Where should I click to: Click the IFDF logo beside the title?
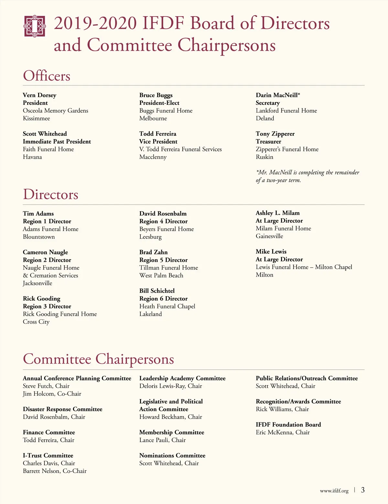[x=35, y=26]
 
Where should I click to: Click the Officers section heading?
[x=47, y=76]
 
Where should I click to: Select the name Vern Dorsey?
[x=39, y=95]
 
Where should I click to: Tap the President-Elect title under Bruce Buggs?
[x=159, y=103]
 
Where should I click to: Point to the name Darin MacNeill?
[x=277, y=95]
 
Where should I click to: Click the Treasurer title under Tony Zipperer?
[x=268, y=141]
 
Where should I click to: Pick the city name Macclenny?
[x=153, y=157]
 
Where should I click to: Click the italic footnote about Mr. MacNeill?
[x=307, y=176]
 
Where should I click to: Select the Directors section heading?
[x=50, y=194]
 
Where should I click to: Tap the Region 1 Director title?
[x=47, y=221]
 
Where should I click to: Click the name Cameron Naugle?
[x=45, y=252]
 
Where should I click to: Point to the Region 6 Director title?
[x=163, y=299]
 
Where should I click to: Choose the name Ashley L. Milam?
[x=277, y=213]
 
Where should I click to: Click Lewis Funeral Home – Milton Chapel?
[x=304, y=267]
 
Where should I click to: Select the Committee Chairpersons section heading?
[x=98, y=359]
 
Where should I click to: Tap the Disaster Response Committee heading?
[x=62, y=409]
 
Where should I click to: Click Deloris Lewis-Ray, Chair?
[x=170, y=386]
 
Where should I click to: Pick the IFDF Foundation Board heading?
[x=288, y=424]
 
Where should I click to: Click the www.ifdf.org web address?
[x=334, y=491]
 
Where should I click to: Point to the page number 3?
[x=363, y=490]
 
